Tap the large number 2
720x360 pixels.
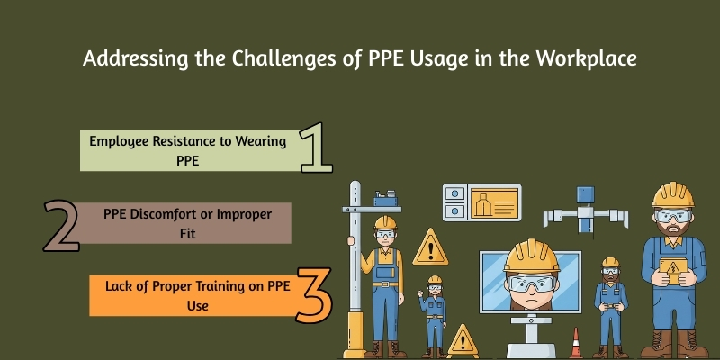[x=61, y=225]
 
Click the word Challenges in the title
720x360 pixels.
[x=274, y=59]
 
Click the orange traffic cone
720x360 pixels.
[x=576, y=343]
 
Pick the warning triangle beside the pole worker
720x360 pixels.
[x=429, y=247]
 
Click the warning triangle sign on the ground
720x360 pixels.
[x=463, y=340]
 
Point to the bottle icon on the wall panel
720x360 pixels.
[x=490, y=202]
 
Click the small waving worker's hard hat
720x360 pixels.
[x=436, y=281]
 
